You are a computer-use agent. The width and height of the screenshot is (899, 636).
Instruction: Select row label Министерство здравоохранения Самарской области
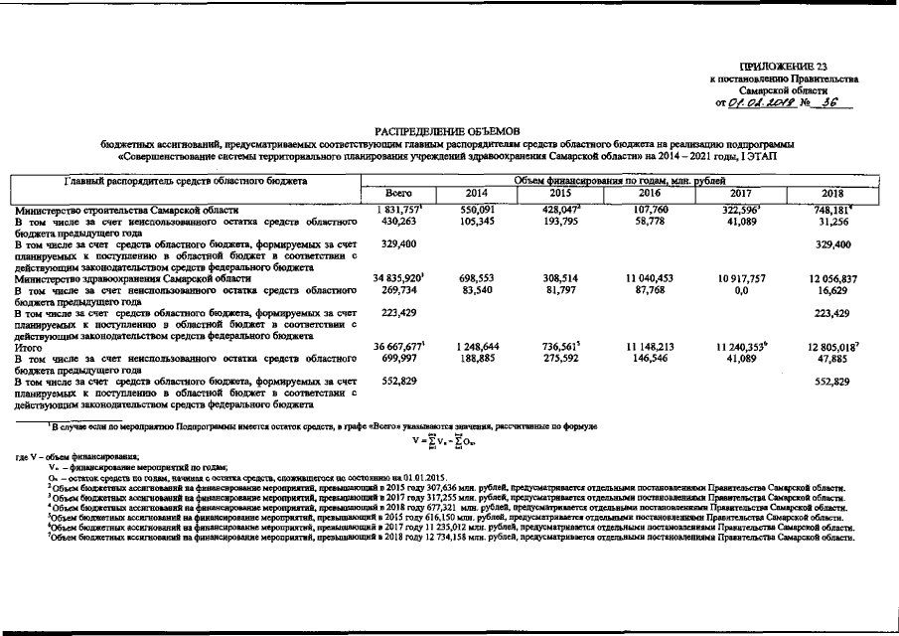[x=132, y=280]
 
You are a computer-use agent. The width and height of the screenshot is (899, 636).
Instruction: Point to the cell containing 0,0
[x=741, y=291]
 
